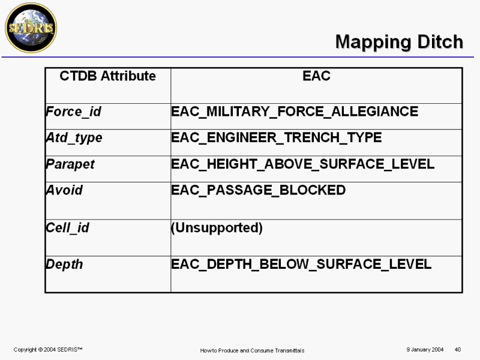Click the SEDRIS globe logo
coord(31,28)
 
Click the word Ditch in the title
coord(440,41)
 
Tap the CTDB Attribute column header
coord(107,76)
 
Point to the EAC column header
coord(316,76)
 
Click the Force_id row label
coord(73,112)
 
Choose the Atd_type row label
coord(74,138)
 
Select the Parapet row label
coord(70,164)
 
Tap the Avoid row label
coord(64,190)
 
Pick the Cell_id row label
coord(68,228)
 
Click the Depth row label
coord(64,264)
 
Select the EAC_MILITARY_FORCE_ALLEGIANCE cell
coord(295,112)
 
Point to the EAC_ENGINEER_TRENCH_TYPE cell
coord(277,137)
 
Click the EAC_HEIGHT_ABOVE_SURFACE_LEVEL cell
coord(303,164)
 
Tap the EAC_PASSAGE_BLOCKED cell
coord(259,190)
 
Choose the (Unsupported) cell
coord(217,228)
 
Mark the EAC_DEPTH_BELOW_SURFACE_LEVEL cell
coord(301,264)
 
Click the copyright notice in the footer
coord(48,350)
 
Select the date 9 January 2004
coord(425,350)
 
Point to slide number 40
coord(458,350)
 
